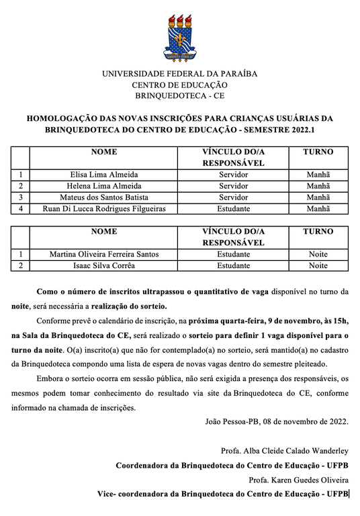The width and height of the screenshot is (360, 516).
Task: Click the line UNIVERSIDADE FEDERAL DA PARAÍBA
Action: (179, 74)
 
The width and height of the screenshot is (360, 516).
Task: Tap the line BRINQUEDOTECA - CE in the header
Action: (179, 96)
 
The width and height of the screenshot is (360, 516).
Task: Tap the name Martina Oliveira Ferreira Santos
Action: (103, 255)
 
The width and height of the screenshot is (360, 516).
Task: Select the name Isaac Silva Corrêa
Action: (103, 266)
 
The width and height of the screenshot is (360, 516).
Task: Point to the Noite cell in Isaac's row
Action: (318, 266)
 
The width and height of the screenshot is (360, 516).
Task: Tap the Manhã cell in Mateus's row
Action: (318, 198)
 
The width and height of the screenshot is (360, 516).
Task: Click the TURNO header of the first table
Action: (318, 152)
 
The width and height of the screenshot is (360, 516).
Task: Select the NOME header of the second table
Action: (103, 232)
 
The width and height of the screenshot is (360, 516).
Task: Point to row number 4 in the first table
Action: (21, 209)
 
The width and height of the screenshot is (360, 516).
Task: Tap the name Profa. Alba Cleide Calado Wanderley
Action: (284, 450)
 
